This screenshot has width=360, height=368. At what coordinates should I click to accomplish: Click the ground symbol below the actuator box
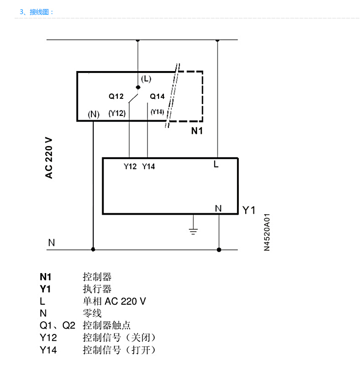coord(193,231)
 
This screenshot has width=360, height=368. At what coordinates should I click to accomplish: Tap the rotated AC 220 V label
coord(49,158)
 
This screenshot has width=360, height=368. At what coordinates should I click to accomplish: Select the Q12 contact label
coord(116,96)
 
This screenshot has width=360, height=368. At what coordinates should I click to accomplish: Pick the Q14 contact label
coord(157,96)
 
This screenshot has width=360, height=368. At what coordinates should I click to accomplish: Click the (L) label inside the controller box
coord(146,79)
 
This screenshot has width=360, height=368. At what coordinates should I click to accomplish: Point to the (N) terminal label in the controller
coord(93,114)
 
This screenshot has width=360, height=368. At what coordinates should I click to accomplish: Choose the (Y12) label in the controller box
coord(117,113)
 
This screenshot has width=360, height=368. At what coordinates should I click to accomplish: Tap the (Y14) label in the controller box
coord(157,112)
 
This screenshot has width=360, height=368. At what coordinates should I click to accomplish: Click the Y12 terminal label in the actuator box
coord(130,166)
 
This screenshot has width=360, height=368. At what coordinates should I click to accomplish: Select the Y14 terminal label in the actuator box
coord(148,166)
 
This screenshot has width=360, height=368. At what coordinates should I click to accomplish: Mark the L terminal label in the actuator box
coord(216,165)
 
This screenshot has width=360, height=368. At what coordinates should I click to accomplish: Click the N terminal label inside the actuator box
coord(218,208)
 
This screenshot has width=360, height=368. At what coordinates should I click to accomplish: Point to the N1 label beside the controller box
coord(197,131)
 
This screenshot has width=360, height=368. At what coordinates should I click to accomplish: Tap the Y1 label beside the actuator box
coord(249,210)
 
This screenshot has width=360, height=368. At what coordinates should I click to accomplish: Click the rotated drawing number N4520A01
coord(267,232)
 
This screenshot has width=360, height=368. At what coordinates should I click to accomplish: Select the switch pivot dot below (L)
coord(138,87)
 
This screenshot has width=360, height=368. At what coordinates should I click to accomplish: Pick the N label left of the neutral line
coord(52,242)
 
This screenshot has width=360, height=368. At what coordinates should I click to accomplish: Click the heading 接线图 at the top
coord(39,12)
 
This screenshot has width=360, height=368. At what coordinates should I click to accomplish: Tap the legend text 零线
coord(92,313)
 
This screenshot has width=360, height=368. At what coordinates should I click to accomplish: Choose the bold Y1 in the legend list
coord(45,289)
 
